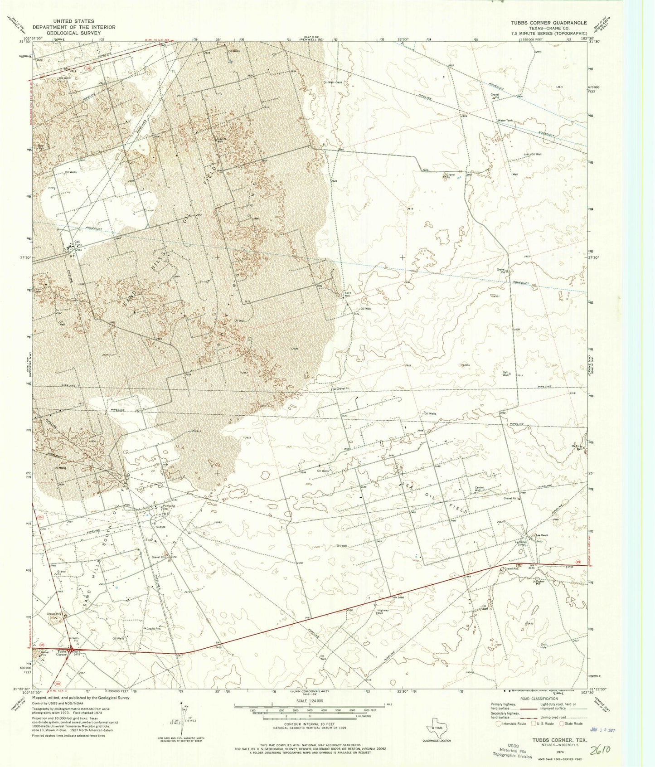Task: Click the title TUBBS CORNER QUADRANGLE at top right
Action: pyautogui.click(x=548, y=23)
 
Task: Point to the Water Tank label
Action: pyautogui.click(x=505, y=121)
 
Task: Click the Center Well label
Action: pyautogui.click(x=480, y=490)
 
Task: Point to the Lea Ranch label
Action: pyautogui.click(x=543, y=535)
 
